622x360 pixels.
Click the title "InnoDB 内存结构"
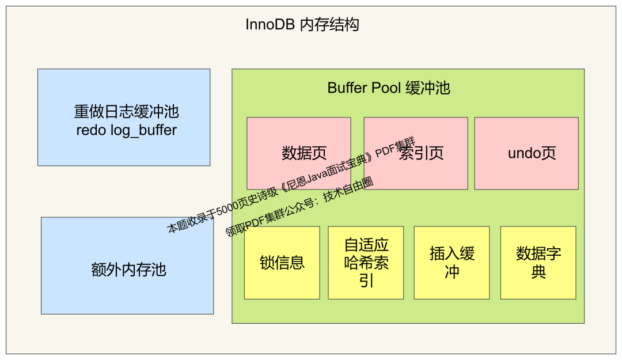(302, 25)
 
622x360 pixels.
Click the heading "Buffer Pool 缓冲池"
(389, 88)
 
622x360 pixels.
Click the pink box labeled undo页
(526, 153)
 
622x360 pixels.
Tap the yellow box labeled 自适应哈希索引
(366, 263)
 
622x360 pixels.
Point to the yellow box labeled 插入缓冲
(452, 263)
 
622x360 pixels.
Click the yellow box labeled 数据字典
(538, 263)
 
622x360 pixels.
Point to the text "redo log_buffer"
(127, 130)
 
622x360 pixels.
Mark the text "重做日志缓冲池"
(127, 111)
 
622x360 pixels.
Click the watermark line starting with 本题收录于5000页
(291, 187)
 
